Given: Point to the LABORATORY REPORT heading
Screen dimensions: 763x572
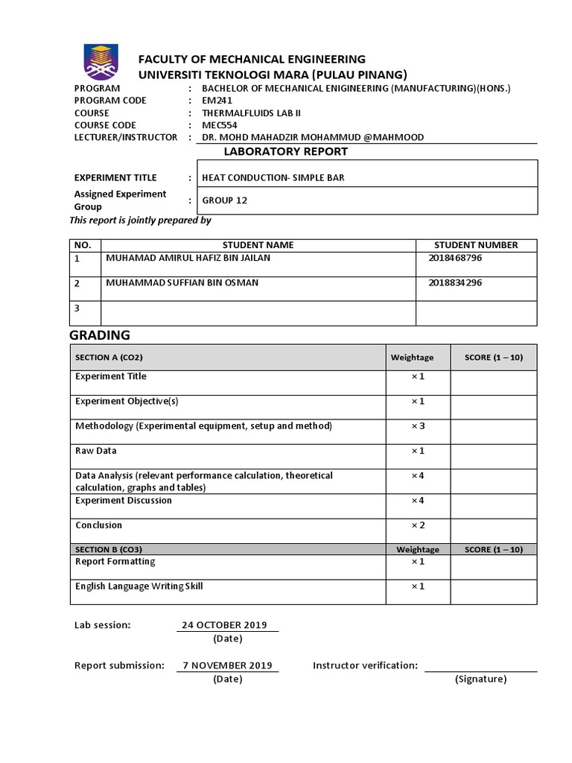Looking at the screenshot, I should point(286,151).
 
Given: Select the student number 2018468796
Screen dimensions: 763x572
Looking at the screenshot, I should point(456,258).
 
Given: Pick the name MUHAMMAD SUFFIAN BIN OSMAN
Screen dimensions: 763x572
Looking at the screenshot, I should point(183,283).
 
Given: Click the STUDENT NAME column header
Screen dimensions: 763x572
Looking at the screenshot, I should point(258,244).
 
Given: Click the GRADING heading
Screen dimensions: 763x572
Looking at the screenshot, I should point(100,335).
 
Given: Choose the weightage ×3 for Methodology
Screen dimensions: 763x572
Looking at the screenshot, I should point(417,426).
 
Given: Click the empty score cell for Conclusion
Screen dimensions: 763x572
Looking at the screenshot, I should point(493,531).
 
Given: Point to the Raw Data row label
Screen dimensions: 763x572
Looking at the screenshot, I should point(96,451).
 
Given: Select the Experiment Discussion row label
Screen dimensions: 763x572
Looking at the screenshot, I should point(124,500).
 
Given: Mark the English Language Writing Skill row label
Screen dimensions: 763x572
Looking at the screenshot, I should point(139,586).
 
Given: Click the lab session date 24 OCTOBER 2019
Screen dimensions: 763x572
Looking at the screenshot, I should point(224,625).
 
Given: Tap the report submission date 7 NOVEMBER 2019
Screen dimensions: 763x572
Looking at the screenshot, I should point(227,665).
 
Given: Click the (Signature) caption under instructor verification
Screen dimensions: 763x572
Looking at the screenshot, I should point(480,679).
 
